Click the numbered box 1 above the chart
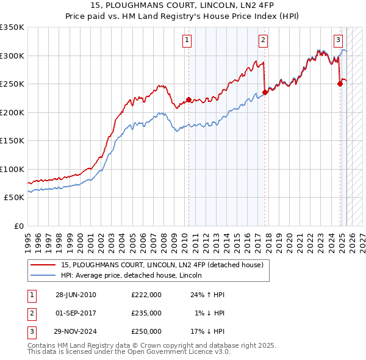[186, 41]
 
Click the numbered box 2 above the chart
[263, 41]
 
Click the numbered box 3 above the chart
[338, 41]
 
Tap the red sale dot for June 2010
[188, 99]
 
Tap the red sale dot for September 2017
[265, 93]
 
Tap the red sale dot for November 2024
[340, 84]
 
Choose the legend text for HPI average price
[135, 276]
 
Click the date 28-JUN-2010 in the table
[76, 294]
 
